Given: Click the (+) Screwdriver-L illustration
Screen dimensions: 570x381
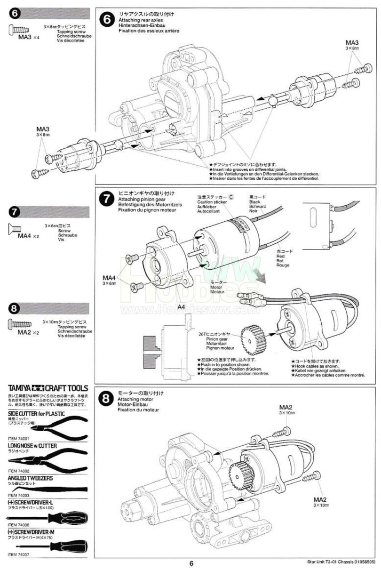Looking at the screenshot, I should pos(47,518).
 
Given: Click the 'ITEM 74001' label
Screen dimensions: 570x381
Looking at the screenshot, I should pos(19,438).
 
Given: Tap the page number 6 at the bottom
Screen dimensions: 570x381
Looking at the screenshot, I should pos(191,563).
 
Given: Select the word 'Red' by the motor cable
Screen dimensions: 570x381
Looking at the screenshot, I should pos(281,256).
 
